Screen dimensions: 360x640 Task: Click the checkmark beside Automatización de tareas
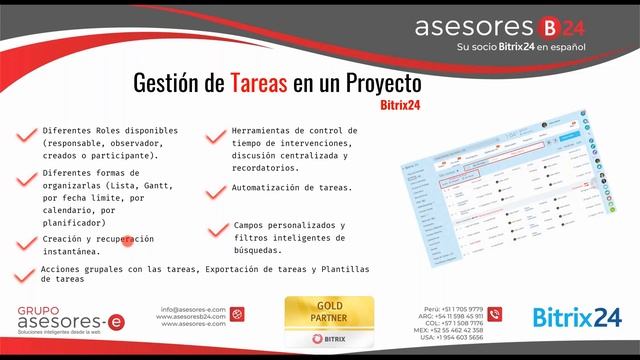tap(217, 188)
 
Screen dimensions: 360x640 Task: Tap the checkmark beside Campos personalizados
tap(217, 230)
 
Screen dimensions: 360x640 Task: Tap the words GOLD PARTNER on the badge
tap(329, 312)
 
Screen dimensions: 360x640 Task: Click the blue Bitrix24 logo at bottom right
tap(577, 319)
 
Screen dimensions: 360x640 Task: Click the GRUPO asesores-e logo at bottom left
tap(59, 319)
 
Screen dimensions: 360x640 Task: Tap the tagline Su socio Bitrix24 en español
tap(520, 47)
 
